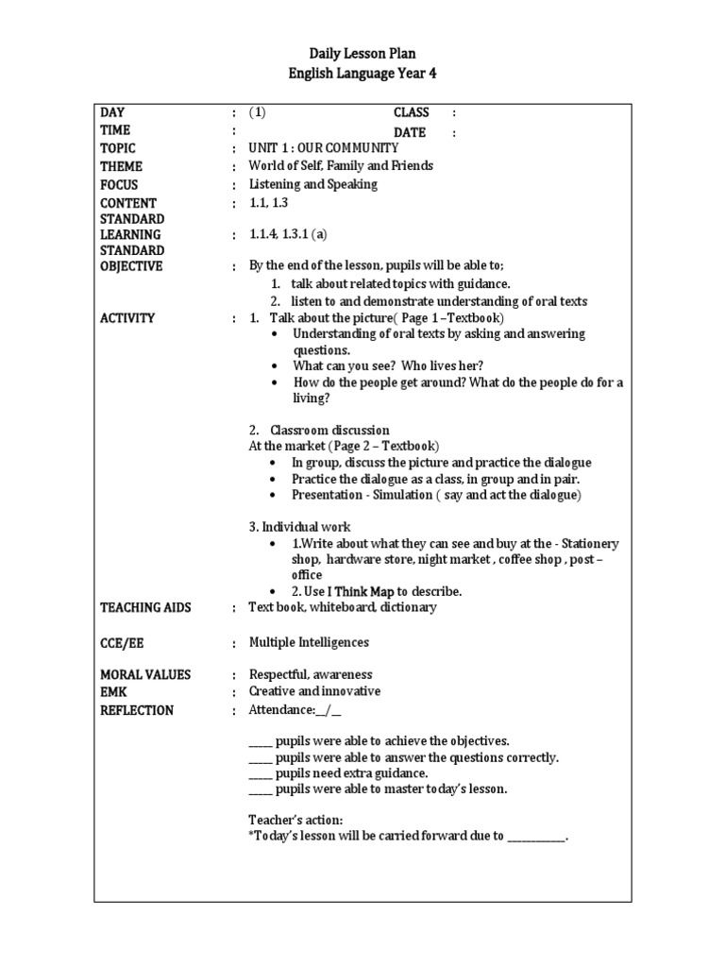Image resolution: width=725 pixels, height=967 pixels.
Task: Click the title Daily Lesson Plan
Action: tap(362, 54)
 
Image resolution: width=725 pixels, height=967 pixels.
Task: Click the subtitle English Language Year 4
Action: tap(362, 73)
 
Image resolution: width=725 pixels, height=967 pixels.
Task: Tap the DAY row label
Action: tap(112, 112)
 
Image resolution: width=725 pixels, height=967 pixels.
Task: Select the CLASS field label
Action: tap(412, 112)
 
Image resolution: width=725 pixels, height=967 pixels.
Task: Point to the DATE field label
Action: tap(410, 132)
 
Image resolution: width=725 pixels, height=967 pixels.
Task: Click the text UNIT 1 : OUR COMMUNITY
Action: tap(324, 147)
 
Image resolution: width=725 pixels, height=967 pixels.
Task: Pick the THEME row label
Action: tap(121, 166)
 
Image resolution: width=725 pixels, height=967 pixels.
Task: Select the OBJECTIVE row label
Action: tap(131, 266)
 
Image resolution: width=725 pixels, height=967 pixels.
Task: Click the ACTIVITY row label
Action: tap(127, 318)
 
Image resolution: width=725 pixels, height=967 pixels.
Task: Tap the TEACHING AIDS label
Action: tap(145, 607)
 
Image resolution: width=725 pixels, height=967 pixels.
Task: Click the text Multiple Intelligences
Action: tap(309, 642)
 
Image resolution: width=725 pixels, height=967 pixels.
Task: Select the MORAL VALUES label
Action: tap(145, 674)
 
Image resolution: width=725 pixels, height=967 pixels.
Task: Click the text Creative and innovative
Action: tap(314, 691)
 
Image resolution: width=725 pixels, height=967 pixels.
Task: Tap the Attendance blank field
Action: tap(329, 710)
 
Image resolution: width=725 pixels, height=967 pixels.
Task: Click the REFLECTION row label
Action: tap(137, 710)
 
